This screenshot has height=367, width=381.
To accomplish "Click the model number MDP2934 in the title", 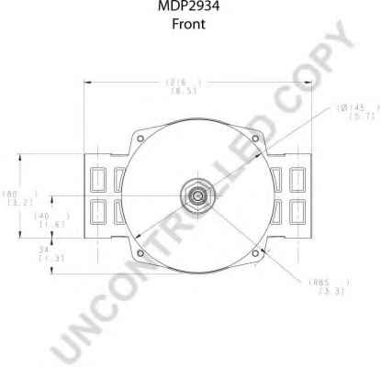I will click(189, 7).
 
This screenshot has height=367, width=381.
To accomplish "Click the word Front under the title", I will click(189, 25).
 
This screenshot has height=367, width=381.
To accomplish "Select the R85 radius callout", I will click(323, 283).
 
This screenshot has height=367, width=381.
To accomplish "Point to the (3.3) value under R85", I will click(325, 292).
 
